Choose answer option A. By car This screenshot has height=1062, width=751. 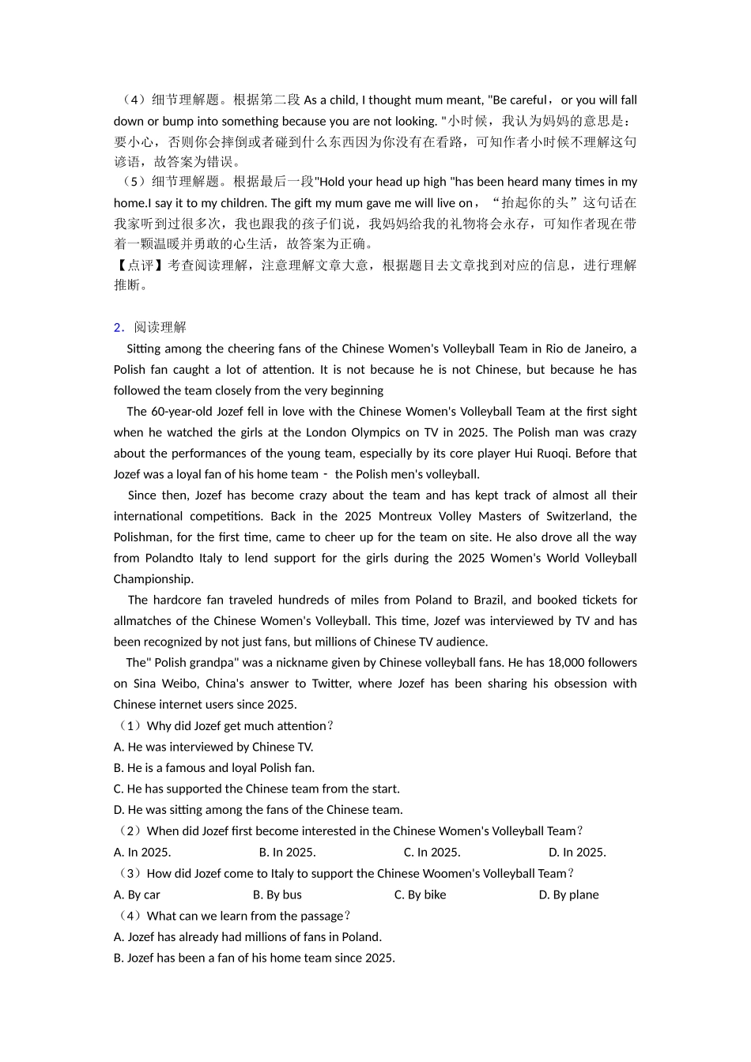click(137, 894)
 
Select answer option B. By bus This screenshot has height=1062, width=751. click(277, 894)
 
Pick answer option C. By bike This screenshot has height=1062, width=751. click(420, 894)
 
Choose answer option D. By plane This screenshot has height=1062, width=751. click(568, 894)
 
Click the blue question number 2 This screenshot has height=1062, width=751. click(117, 327)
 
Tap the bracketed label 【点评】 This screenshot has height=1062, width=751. click(139, 265)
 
